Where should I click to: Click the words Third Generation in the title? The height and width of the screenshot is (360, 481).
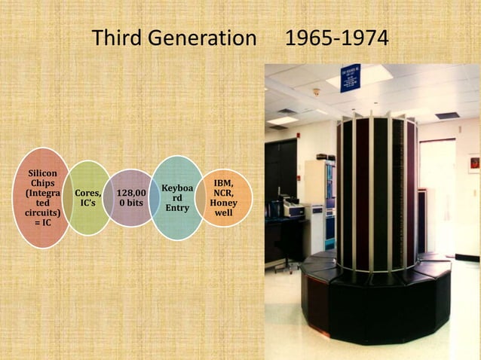point(173,37)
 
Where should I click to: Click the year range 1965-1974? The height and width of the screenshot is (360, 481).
point(337,37)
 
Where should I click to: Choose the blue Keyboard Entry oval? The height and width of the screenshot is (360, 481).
point(176,197)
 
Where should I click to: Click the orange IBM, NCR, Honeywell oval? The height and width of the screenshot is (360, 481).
point(223,198)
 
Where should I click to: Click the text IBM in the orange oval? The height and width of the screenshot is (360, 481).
point(223,183)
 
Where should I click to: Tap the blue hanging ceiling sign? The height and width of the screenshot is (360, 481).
point(351,77)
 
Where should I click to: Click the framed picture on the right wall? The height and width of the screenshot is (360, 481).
point(473,163)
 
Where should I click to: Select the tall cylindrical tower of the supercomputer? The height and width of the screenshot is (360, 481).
point(375,192)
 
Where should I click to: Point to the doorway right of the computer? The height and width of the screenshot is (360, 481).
point(437,196)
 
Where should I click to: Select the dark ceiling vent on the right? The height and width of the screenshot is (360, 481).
point(446,115)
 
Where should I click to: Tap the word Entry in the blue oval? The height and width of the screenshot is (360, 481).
point(176,208)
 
